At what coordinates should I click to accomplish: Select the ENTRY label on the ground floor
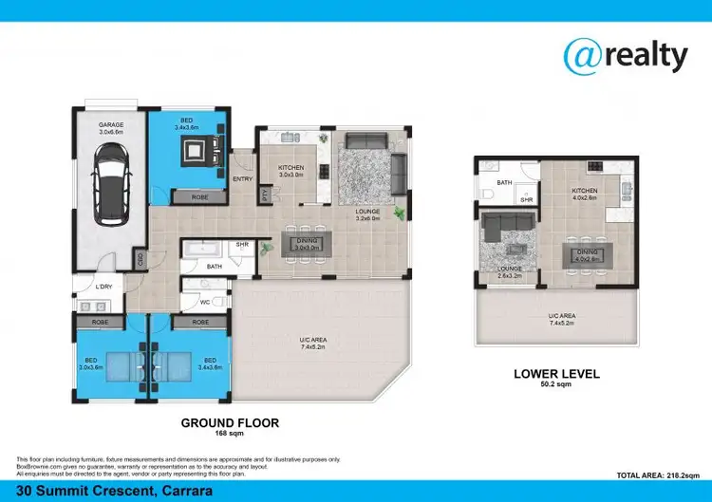click(242, 177)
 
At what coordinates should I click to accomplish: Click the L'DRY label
click(104, 288)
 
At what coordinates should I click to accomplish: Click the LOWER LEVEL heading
click(556, 374)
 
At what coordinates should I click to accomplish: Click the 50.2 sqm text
click(556, 385)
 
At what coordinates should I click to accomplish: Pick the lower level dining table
click(584, 253)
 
